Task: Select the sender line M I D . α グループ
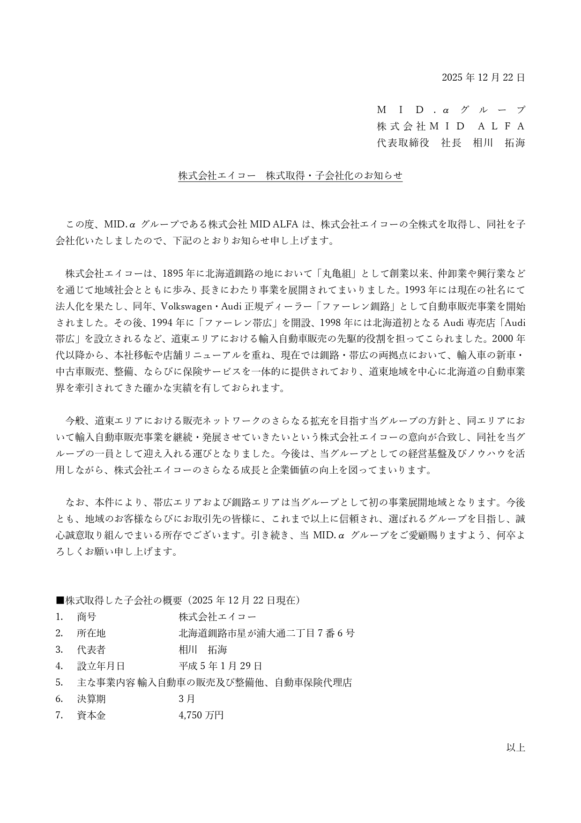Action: point(451,110)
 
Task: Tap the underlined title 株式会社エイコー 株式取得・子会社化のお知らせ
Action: point(290,176)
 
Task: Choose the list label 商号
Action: point(86,617)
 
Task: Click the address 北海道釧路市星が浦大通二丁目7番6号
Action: point(267,633)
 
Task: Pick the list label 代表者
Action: point(91,649)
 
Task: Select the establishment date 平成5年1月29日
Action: point(220,666)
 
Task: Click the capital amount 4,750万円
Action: point(201,715)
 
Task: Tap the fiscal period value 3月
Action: point(186,699)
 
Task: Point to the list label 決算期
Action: point(91,699)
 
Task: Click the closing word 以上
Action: point(515,748)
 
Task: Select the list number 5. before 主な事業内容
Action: point(59,682)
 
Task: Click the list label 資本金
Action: point(91,715)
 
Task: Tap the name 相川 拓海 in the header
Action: point(499,143)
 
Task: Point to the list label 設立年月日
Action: point(101,666)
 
